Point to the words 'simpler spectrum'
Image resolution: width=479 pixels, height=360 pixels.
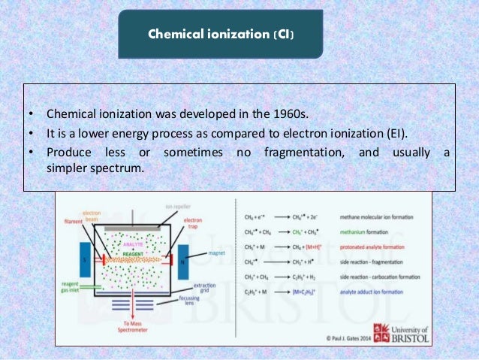click(93, 170)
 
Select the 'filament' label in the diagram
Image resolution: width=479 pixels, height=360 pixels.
click(73, 222)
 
